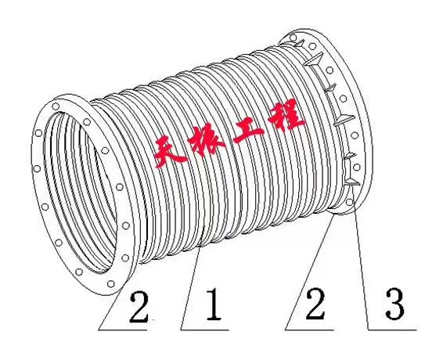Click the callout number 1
click(x=214, y=304)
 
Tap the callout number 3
click(x=395, y=304)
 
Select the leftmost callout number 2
click(x=139, y=307)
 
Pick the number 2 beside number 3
click(x=315, y=304)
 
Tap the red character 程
click(x=286, y=115)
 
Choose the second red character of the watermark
click(x=207, y=142)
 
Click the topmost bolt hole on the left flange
click(x=56, y=106)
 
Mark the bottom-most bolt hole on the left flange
click(x=111, y=284)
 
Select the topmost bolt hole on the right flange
click(x=294, y=38)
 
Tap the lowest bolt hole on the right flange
click(x=350, y=202)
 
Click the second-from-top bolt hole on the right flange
click(x=312, y=46)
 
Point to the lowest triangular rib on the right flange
click(x=352, y=182)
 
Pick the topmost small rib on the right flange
click(x=300, y=43)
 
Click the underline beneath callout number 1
click(x=204, y=329)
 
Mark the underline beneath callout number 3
click(x=392, y=329)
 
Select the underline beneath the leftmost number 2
click(x=123, y=329)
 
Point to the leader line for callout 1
click(x=190, y=288)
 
